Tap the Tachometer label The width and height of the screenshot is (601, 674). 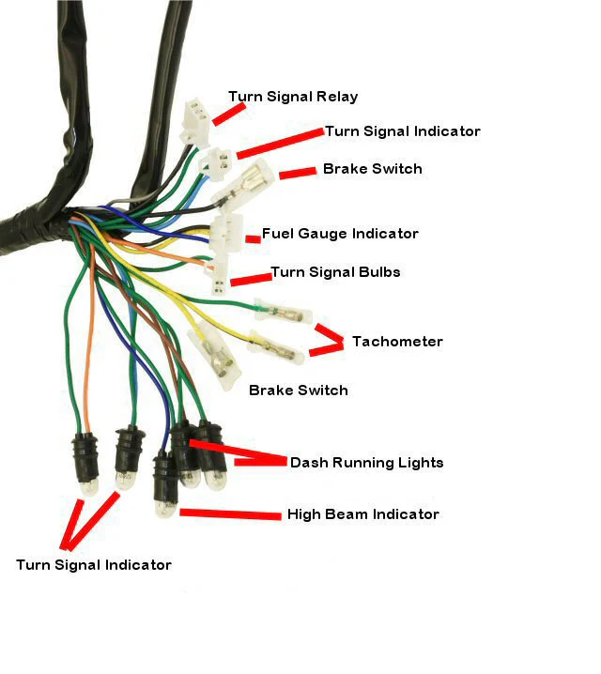pos(396,342)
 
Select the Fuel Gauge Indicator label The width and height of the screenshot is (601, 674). pos(340,234)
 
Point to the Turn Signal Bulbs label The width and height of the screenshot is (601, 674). pos(335,272)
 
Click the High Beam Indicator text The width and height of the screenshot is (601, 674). pos(362,514)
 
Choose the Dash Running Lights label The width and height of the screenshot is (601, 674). pos(366,463)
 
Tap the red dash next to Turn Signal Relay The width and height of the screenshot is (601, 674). pos(228,113)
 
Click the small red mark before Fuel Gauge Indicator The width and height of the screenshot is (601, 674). pos(253,239)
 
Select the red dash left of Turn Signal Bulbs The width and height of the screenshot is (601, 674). pos(249,278)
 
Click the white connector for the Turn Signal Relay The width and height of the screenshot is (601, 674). pos(195,121)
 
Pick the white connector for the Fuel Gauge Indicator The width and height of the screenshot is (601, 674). pos(225,233)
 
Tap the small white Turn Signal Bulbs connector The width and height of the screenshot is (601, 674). pos(218,283)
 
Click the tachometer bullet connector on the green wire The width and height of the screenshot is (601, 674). pos(279,311)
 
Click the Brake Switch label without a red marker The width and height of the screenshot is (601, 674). pos(298,391)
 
